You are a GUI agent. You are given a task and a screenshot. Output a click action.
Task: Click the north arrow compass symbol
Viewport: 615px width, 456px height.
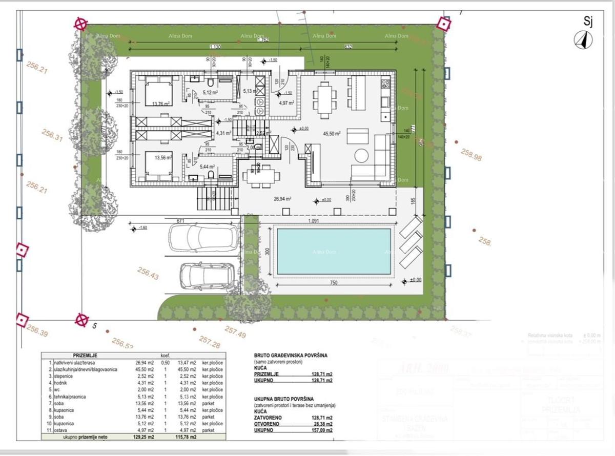click(583, 39)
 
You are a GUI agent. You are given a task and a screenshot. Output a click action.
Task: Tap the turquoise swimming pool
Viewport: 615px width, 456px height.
click(334, 251)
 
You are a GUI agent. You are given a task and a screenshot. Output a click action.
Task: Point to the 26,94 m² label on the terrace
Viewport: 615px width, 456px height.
click(282, 199)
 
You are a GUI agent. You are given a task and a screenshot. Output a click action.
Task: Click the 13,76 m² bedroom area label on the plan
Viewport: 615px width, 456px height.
click(161, 103)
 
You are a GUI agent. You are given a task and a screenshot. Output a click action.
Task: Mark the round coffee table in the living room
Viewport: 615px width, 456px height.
click(362, 155)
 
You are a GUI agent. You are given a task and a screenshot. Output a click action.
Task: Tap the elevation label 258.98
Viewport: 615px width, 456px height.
click(471, 155)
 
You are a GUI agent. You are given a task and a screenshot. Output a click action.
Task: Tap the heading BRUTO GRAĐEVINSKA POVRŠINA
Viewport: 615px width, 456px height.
click(290, 355)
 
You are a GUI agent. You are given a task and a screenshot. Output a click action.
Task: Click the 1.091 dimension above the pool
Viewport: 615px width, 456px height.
click(315, 221)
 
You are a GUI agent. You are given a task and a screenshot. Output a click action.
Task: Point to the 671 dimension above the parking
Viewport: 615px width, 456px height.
click(180, 220)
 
